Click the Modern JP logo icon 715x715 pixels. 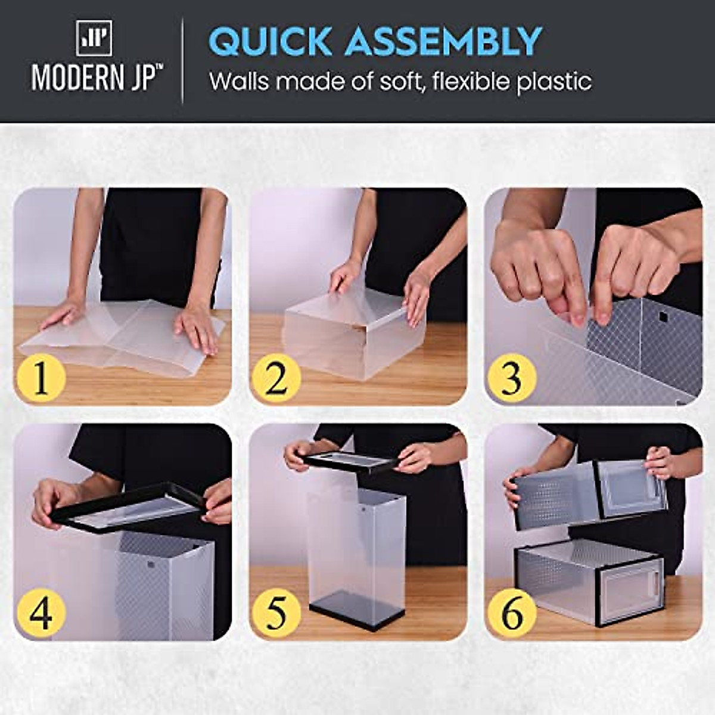pos(94,38)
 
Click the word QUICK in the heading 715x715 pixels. pos(270,42)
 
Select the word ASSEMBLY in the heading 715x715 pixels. pos(443,42)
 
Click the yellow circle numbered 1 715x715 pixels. pos(41,378)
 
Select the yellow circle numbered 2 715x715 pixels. pos(275,378)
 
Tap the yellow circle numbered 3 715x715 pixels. pos(511,378)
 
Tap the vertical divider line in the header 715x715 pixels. pos(182,61)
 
